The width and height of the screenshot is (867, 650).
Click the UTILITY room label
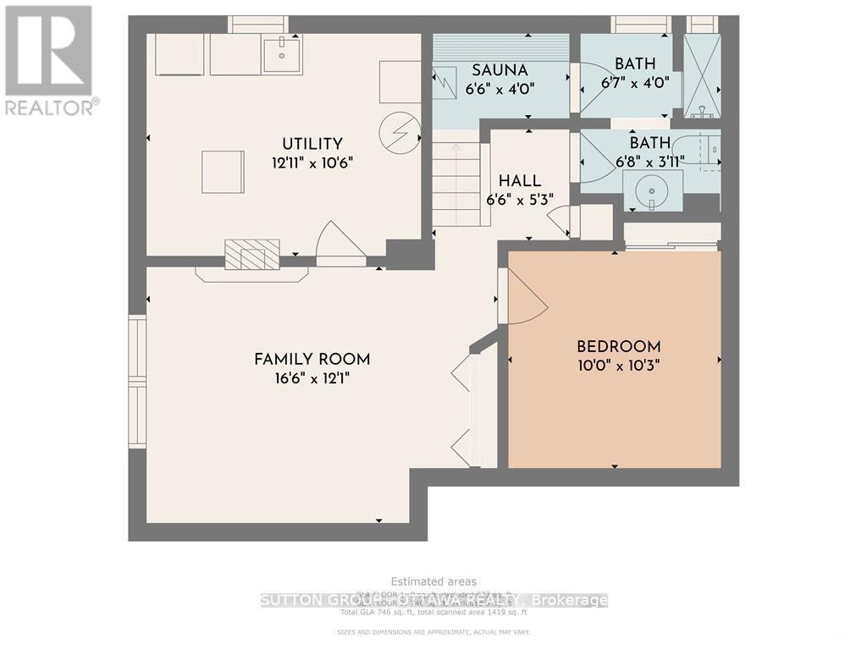(x=312, y=144)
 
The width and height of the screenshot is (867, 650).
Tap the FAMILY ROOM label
(x=312, y=360)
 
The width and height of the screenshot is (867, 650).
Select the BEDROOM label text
(x=618, y=347)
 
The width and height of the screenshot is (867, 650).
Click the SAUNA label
(x=500, y=70)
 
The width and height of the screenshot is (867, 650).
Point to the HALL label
(x=520, y=181)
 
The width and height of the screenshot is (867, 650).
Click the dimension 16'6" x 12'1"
(x=312, y=379)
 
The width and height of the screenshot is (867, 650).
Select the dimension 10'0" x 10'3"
(x=618, y=366)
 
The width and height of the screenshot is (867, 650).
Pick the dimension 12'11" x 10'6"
(x=312, y=162)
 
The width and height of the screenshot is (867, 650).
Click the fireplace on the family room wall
(x=251, y=254)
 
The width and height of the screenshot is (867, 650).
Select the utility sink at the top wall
(x=281, y=55)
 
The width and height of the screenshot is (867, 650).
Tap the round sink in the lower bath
(x=652, y=190)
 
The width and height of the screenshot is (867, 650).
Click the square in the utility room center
(x=223, y=172)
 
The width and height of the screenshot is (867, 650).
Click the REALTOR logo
(x=50, y=59)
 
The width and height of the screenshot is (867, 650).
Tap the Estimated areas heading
(x=433, y=581)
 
